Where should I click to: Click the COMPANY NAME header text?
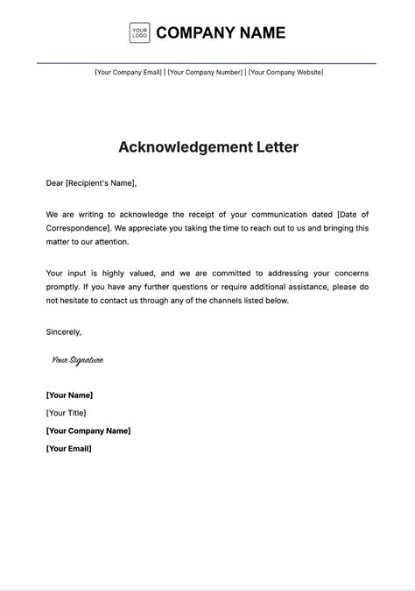221,33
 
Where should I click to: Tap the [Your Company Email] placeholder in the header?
129,72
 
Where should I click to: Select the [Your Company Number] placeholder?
206,72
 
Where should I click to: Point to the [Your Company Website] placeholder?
285,72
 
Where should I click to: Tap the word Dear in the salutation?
55,183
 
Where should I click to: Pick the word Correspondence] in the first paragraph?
79,228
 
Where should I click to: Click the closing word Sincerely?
64,331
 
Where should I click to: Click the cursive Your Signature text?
77,360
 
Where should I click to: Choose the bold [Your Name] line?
69,395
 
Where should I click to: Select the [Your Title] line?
66,413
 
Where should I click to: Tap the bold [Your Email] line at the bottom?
68,448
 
